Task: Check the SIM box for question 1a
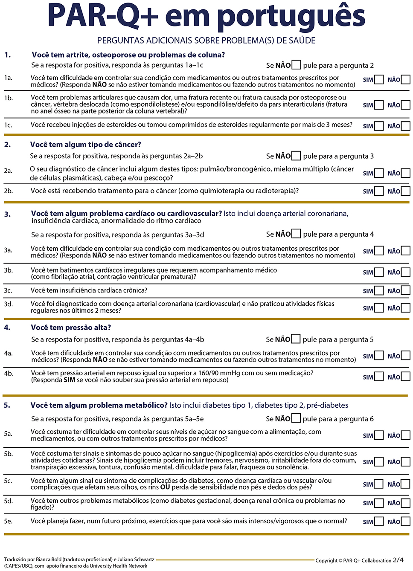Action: click(x=379, y=80)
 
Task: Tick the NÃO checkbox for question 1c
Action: click(x=406, y=126)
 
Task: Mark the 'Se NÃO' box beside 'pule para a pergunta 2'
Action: click(x=296, y=65)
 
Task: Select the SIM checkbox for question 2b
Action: click(x=379, y=191)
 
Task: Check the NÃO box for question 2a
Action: click(x=406, y=173)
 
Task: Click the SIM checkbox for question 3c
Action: click(x=379, y=291)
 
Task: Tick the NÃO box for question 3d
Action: click(x=406, y=308)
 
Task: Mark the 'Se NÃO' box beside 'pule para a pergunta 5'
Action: click(x=296, y=339)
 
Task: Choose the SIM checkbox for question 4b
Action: click(x=379, y=377)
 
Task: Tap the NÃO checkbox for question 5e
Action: click(x=406, y=522)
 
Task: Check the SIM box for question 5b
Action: click(x=379, y=462)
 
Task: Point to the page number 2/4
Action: click(x=398, y=560)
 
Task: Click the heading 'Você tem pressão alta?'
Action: click(x=71, y=328)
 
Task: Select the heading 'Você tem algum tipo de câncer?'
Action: click(x=85, y=145)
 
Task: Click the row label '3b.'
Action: click(x=9, y=270)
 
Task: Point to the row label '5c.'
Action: click(x=9, y=481)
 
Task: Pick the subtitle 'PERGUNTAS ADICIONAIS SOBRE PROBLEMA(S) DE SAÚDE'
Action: click(x=206, y=41)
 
